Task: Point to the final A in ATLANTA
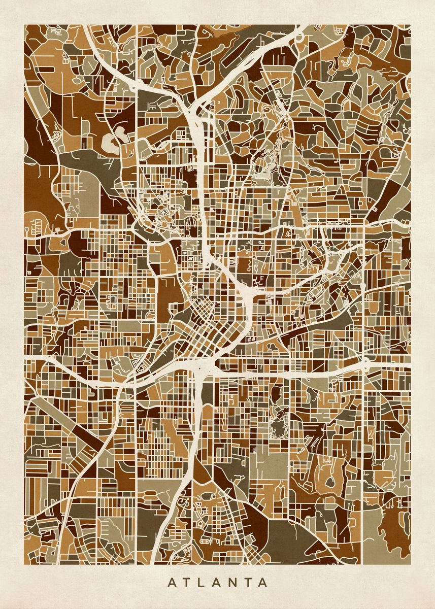262,583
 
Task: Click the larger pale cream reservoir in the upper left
111,143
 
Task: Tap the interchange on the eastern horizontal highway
364,363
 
